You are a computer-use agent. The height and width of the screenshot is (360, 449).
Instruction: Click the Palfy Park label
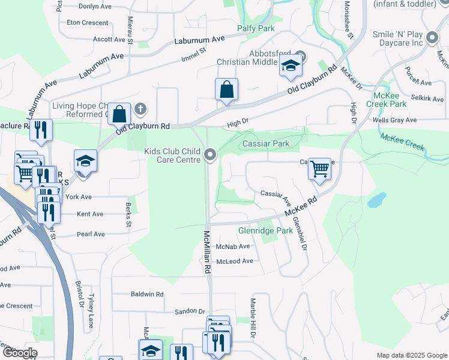pyautogui.click(x=256, y=28)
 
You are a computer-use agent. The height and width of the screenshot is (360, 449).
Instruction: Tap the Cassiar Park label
pyautogui.click(x=266, y=143)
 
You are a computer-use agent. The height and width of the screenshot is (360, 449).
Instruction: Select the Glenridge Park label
pyautogui.click(x=265, y=230)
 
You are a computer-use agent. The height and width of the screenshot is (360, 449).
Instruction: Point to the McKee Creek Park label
pyautogui.click(x=390, y=100)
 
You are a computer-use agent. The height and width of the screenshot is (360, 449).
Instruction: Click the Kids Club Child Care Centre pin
pyautogui.click(x=210, y=155)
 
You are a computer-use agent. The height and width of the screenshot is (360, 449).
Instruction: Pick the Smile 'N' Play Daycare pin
pyautogui.click(x=433, y=40)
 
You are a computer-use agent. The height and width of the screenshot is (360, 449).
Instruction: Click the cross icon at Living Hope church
pyautogui.click(x=140, y=109)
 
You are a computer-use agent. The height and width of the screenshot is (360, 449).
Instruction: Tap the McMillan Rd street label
pyautogui.click(x=207, y=252)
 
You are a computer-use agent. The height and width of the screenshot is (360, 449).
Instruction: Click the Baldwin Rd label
pyautogui.click(x=147, y=295)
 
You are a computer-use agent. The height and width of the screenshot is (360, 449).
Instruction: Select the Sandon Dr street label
pyautogui.click(x=190, y=311)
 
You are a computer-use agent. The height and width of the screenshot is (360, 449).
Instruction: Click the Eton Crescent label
pyautogui.click(x=88, y=23)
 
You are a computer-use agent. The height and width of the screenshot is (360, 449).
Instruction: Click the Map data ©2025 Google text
pyautogui.click(x=411, y=355)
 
